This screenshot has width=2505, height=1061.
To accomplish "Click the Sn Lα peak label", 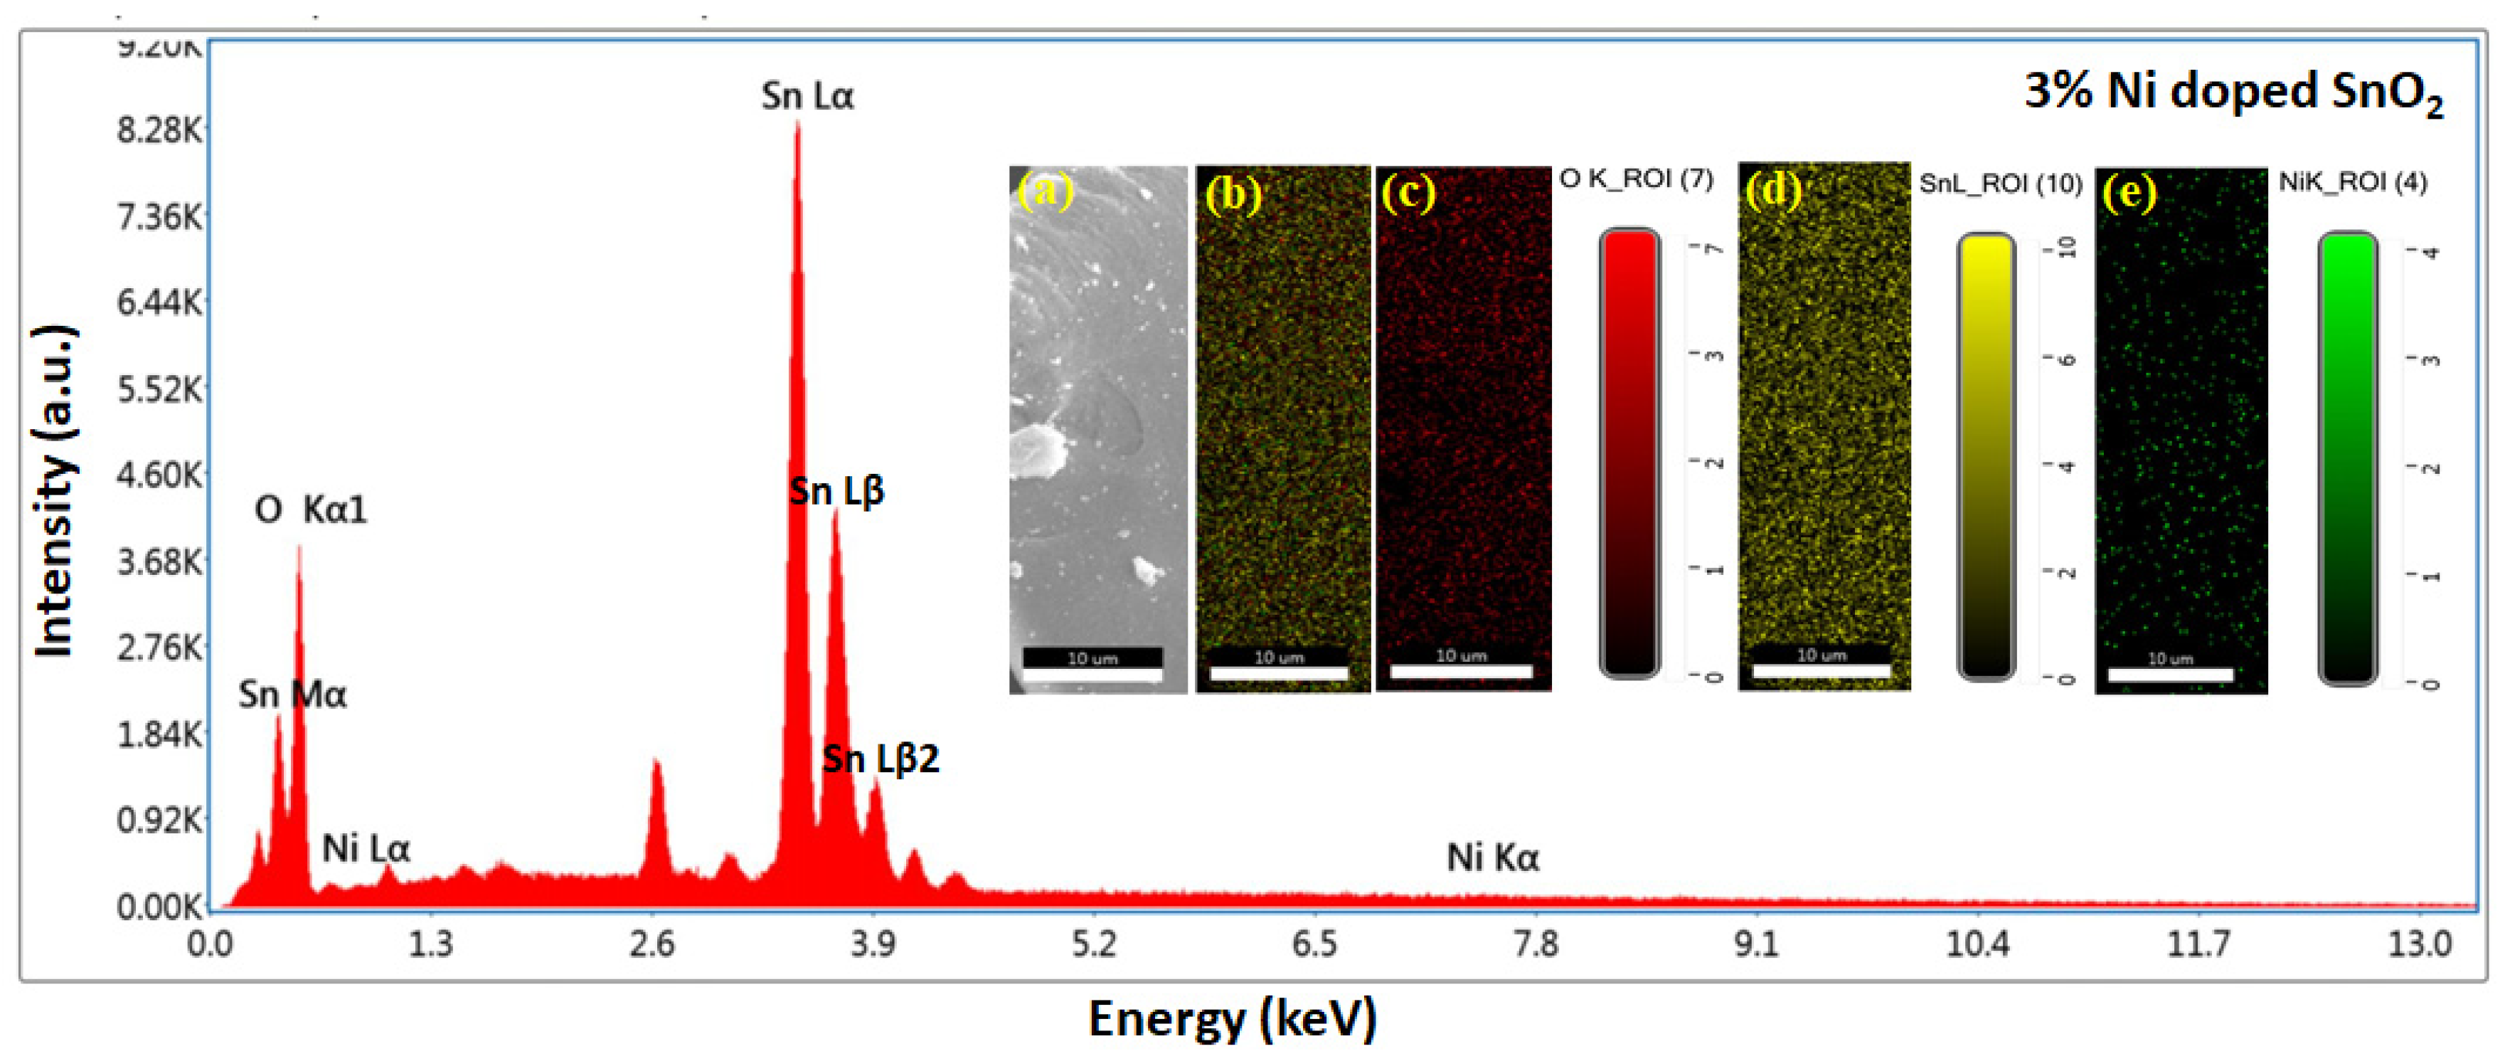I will tap(807, 96).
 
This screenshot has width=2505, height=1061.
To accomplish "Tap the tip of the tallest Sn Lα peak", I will tap(797, 124).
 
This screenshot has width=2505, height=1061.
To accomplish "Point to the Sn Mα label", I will tap(292, 695).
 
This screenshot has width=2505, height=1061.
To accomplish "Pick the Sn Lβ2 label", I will tap(881, 759).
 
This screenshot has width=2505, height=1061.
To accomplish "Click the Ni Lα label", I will tap(366, 849).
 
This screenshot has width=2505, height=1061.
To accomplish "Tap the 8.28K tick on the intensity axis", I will tap(161, 130).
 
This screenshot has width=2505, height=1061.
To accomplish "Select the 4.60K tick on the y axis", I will tap(161, 475).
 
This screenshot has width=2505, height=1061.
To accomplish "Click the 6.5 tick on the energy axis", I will tap(1314, 944).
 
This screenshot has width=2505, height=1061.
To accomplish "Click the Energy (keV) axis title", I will tap(1232, 1019).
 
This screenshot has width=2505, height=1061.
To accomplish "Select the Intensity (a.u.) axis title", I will tap(55, 491).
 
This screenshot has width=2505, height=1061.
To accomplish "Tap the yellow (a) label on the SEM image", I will tap(1046, 191).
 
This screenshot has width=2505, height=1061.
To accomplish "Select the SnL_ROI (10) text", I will tap(2000, 184).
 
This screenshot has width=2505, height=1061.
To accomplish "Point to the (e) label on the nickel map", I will tap(2129, 193).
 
